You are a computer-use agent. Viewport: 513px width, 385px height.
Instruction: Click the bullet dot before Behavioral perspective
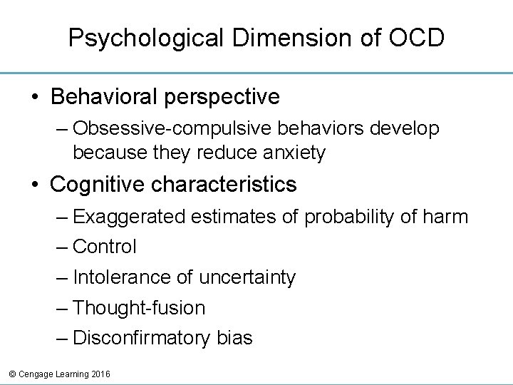pyautogui.click(x=34, y=96)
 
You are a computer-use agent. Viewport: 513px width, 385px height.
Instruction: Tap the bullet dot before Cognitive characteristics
pyautogui.click(x=34, y=185)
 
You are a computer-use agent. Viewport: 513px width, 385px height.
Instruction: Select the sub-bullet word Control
pyautogui.click(x=105, y=247)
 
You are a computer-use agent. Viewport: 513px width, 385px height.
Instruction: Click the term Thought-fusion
pyautogui.click(x=139, y=308)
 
